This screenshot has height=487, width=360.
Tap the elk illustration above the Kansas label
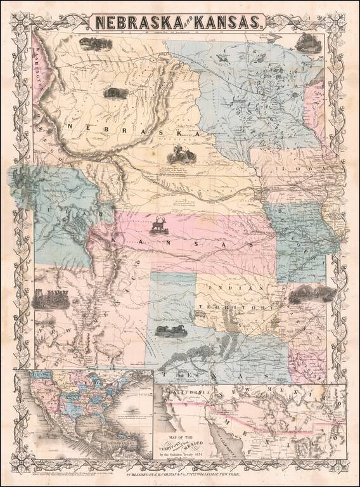coord(158,223)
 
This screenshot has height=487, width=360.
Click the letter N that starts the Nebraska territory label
coord(69,126)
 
